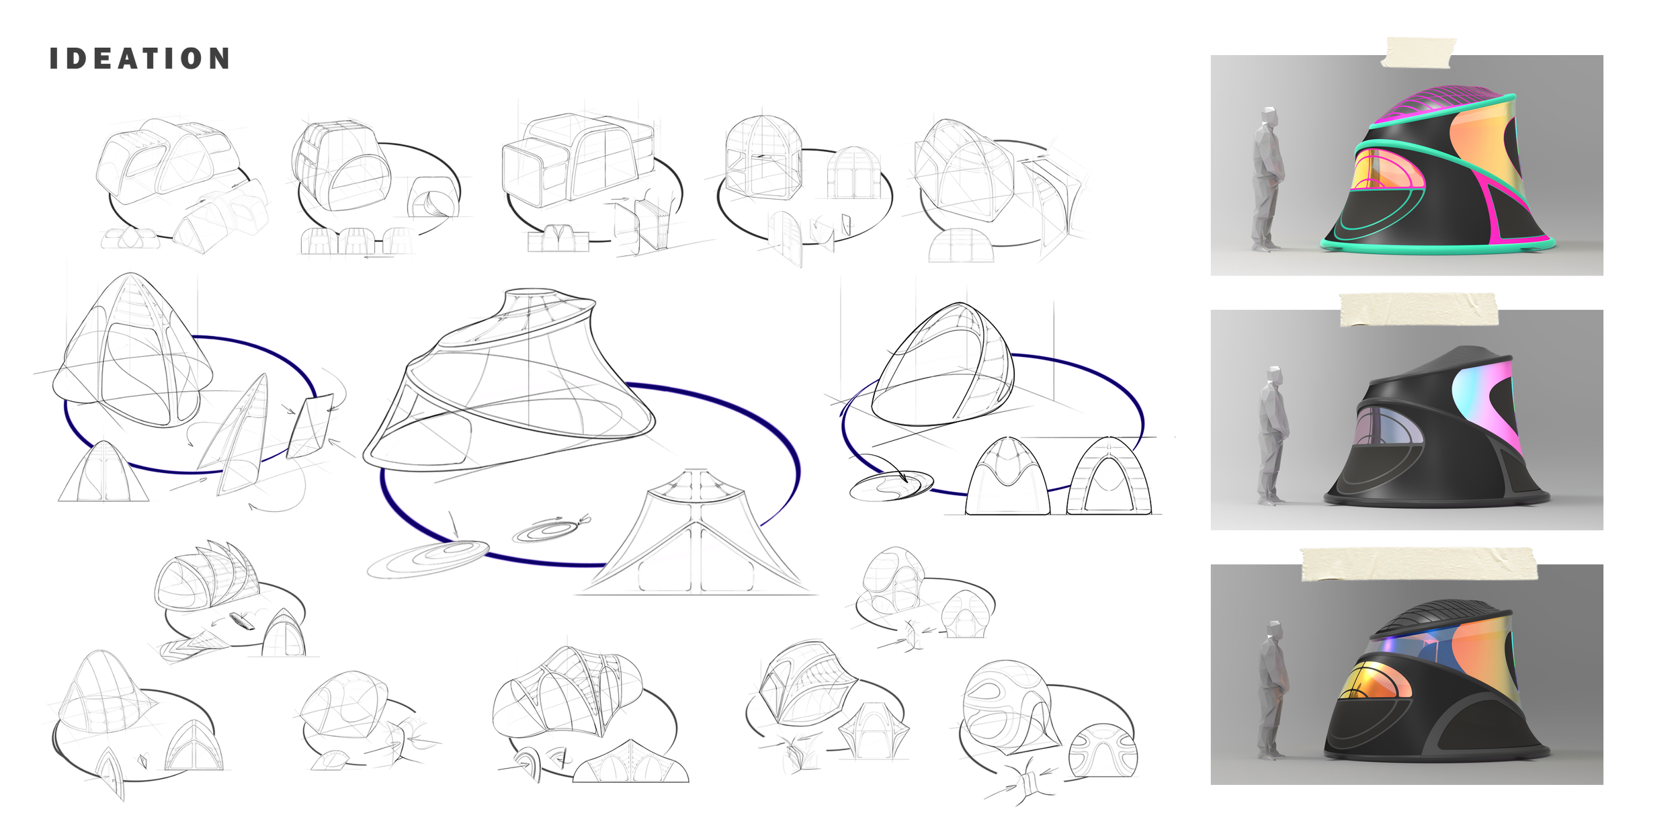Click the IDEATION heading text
[140, 59]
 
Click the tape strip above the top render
[1420, 52]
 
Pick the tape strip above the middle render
[1419, 309]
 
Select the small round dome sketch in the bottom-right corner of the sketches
[1102, 746]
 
